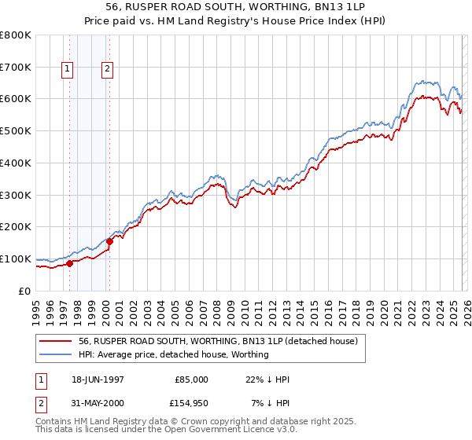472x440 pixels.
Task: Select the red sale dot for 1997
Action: [69, 263]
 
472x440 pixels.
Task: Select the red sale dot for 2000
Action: [109, 241]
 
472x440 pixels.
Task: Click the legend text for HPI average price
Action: [173, 354]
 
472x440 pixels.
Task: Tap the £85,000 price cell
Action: [192, 379]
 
